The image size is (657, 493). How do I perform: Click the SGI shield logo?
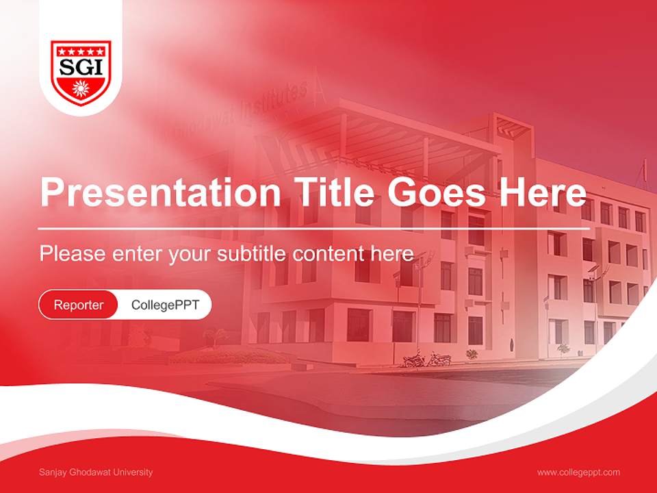point(81,72)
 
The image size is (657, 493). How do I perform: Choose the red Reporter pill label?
point(79,305)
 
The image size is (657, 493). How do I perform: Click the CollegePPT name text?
point(165,305)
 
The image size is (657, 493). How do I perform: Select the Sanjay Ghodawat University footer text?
point(96,472)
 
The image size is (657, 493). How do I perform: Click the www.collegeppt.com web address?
point(578,472)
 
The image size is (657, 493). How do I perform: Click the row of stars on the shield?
point(81,51)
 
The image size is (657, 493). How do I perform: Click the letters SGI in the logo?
point(81,67)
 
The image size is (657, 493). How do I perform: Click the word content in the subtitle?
point(331,253)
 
